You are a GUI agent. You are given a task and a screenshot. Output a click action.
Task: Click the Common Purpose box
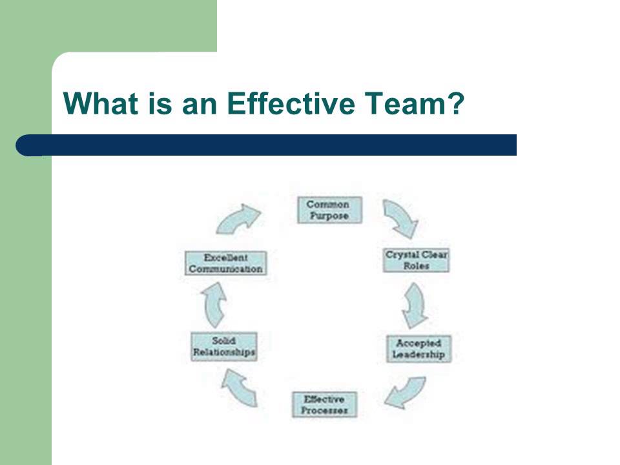(x=329, y=210)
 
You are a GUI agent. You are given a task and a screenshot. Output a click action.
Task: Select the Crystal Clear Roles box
(x=416, y=260)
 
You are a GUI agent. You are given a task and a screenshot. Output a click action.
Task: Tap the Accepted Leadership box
(x=418, y=349)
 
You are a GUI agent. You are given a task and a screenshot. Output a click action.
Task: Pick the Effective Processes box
(x=325, y=404)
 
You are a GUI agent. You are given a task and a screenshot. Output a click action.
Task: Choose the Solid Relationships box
(x=224, y=346)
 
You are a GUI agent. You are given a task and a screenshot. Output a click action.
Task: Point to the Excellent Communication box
(x=225, y=263)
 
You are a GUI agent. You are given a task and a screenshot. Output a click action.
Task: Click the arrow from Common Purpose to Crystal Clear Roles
(x=400, y=218)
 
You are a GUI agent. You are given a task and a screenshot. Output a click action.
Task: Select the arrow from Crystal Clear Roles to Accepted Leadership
(x=415, y=305)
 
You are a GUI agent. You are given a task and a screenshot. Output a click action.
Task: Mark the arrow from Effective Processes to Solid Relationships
(x=240, y=388)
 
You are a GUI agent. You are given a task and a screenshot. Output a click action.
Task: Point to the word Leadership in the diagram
(x=418, y=355)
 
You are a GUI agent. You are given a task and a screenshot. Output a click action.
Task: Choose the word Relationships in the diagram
(x=224, y=353)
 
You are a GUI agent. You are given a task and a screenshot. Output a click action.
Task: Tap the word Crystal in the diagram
(x=400, y=254)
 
